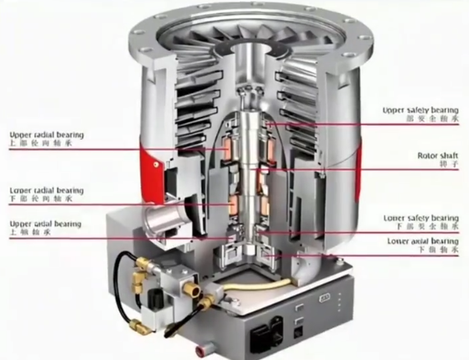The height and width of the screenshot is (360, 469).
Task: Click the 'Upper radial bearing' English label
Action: pos(46,134)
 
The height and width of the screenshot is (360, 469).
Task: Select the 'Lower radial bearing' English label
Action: pos(46,190)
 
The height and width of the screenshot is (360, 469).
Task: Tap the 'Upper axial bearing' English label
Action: pos(44,224)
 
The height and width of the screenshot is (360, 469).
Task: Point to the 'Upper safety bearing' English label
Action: pos(421,109)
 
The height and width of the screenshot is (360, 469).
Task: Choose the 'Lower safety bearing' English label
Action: pos(421,218)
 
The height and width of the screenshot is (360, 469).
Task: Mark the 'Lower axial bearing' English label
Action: pos(422,241)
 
